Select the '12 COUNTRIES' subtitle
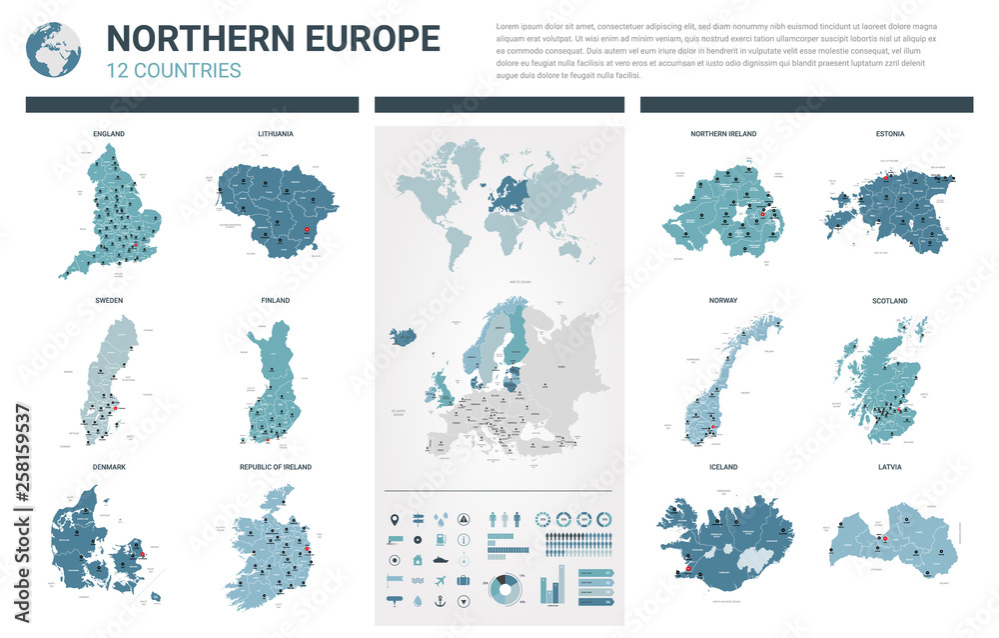click(174, 70)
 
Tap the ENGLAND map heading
click(109, 133)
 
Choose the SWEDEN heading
click(109, 300)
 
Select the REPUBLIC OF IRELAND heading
click(275, 467)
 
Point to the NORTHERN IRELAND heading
click(723, 133)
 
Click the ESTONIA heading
click(889, 133)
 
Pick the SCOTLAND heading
click(889, 300)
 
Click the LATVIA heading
click(889, 467)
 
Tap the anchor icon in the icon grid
click(440, 601)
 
